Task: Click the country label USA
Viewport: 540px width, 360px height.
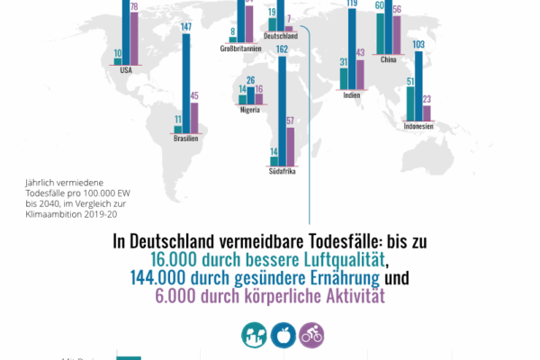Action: (127, 73)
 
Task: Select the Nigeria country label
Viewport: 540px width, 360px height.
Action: (253, 110)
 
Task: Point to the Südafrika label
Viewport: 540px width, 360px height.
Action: (282, 169)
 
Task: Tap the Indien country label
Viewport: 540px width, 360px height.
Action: (352, 95)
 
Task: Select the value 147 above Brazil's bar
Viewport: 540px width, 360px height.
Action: (186, 27)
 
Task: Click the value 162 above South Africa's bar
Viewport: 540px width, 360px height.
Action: (282, 49)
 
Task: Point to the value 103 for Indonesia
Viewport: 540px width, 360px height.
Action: (418, 44)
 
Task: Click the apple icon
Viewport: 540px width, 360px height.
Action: (282, 336)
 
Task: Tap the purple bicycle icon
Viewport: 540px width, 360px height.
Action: (311, 336)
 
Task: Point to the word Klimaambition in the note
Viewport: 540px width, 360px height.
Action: (54, 214)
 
